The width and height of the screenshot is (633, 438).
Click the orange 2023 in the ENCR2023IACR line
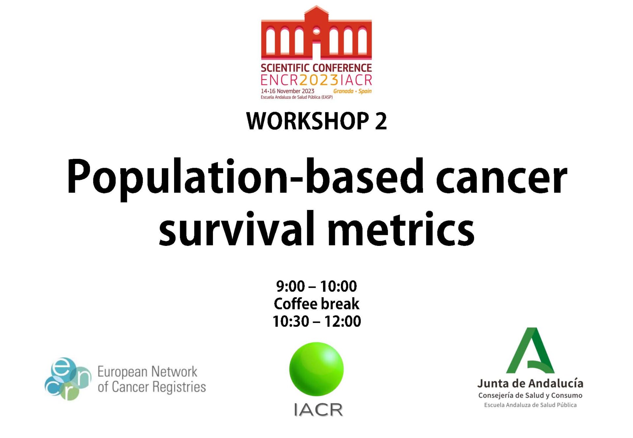[318, 80]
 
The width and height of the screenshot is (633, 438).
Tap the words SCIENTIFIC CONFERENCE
[316, 68]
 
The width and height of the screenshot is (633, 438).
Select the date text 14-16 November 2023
[287, 91]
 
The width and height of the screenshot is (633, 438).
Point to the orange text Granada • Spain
[352, 91]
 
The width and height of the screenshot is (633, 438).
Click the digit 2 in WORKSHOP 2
[381, 121]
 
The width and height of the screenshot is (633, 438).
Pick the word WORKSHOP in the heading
[308, 121]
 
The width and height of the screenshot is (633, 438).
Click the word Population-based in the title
[245, 178]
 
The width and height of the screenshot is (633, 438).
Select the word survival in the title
[236, 228]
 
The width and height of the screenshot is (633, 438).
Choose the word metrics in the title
[401, 228]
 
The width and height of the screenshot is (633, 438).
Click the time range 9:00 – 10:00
[316, 286]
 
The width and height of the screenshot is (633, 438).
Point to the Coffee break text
[316, 304]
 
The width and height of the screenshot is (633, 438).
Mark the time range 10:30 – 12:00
[316, 321]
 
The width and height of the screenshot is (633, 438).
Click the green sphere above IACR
[316, 369]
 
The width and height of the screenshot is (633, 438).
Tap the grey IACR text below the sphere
[318, 410]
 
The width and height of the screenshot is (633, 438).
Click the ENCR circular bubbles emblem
[68, 379]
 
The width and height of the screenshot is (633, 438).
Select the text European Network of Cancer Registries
[152, 379]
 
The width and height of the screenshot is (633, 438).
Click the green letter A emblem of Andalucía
[530, 350]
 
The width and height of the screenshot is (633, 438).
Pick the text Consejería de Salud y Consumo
[530, 395]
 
